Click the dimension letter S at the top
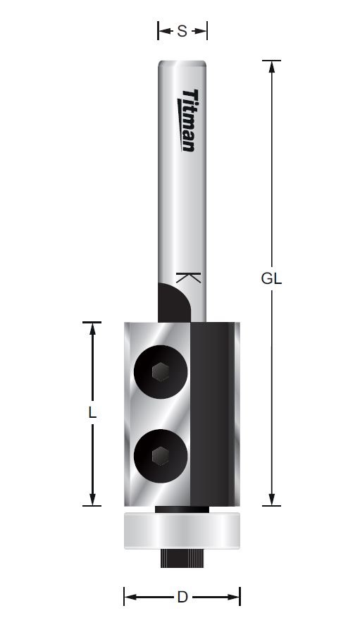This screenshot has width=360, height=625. [182, 31]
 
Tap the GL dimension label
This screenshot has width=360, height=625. [271, 278]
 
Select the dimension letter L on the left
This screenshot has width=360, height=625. [92, 412]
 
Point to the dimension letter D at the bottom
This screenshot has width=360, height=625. [182, 597]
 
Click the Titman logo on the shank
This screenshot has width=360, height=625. [186, 120]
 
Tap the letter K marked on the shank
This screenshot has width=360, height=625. [188, 278]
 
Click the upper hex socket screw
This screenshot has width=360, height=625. [160, 372]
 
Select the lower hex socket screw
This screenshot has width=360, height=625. [160, 456]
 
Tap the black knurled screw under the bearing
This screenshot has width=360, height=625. [182, 557]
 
